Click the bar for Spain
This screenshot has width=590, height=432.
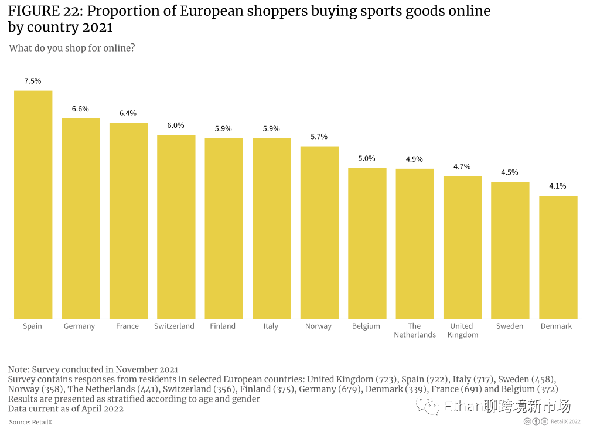[33, 205]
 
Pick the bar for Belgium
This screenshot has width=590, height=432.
[367, 243]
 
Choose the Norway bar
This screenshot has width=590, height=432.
[319, 232]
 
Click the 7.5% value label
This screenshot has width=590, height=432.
[33, 81]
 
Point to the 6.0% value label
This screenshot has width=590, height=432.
[176, 125]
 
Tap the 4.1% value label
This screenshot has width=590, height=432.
[558, 186]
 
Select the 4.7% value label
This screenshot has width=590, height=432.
[462, 167]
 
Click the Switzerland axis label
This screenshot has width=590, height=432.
[174, 326]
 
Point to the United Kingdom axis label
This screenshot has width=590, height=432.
[462, 331]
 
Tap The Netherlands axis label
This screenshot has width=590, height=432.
[414, 331]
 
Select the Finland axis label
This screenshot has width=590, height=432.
[223, 326]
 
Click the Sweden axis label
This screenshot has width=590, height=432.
[510, 326]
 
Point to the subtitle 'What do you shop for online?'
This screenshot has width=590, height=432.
[72, 48]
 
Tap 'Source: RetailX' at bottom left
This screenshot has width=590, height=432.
[30, 422]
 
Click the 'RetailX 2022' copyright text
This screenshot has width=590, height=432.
[566, 421]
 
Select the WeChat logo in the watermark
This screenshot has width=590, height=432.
[428, 406]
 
